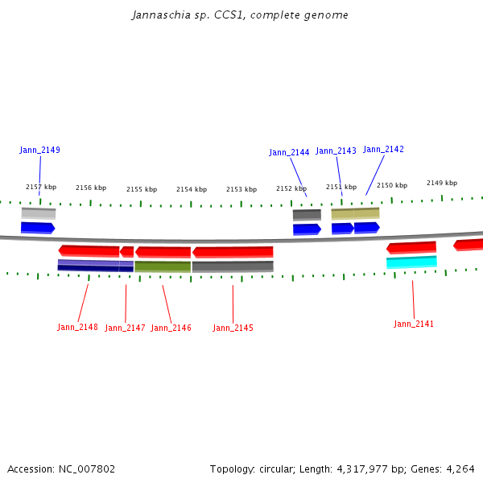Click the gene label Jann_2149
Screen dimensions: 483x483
[39, 150]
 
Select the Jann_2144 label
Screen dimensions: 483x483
[289, 152]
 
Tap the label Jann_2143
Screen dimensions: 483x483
[336, 151]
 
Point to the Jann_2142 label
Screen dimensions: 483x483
[383, 149]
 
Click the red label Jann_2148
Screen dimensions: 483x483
[77, 327]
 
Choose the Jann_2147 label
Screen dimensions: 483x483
[125, 328]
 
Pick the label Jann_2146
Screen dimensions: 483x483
[171, 328]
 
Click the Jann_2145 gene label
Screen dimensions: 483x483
[233, 328]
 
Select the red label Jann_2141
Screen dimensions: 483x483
[414, 324]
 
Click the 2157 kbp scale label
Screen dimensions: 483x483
[41, 187]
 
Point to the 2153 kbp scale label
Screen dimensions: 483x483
[242, 189]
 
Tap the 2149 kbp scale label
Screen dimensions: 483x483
[442, 183]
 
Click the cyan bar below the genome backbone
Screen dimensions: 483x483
[411, 262]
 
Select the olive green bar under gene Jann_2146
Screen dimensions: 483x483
[163, 266]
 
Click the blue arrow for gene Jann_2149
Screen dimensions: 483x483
[38, 228]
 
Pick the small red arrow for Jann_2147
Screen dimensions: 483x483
[127, 252]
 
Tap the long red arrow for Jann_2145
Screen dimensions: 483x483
[233, 252]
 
